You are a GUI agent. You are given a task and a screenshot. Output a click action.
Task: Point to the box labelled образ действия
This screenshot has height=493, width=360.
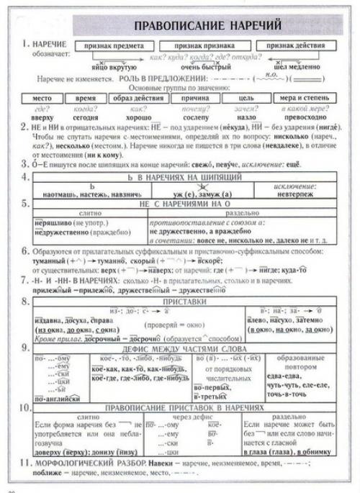pyautogui.click(x=133, y=96)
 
